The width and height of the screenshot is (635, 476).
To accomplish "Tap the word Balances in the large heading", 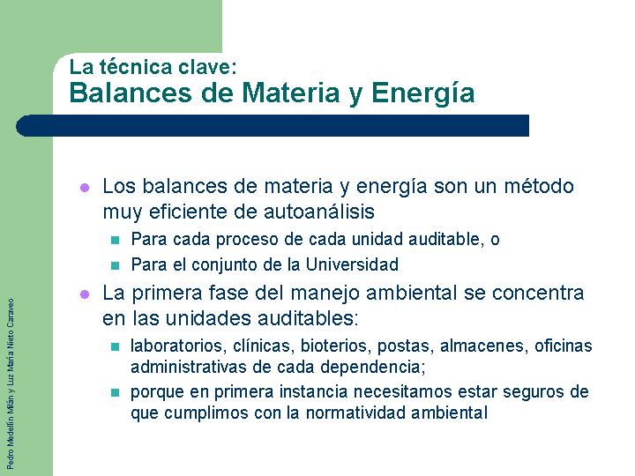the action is coord(131,93).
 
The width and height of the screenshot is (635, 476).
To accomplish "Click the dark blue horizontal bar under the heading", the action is coord(273,125).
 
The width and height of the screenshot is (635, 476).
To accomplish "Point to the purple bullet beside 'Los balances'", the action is coord(85,188).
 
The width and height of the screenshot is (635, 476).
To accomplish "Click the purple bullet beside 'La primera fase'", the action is coord(85,294).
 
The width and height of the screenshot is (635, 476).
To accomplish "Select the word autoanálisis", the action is coord(319,212).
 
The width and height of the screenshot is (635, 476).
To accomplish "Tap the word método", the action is coord(539,186).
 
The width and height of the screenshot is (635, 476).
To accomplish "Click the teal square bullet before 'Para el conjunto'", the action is coord(115,266).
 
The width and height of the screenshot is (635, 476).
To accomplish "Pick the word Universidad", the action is coord(352,264).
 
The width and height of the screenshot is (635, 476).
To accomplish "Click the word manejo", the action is coord(325,293).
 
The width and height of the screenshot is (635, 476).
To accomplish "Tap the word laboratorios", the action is coord(176,346).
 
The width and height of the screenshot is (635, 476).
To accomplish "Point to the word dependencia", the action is coord(371,367).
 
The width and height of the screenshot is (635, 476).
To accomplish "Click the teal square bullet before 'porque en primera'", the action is coord(115,392).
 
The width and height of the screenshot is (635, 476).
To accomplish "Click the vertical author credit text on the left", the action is coord(11,383).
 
